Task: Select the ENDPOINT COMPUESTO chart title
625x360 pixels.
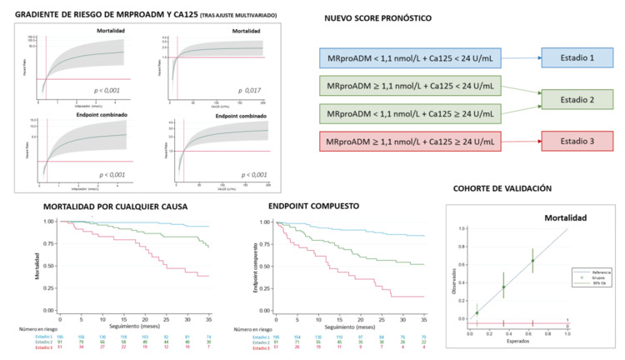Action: pyautogui.click(x=312, y=204)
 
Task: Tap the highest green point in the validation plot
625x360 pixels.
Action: pyautogui.click(x=532, y=260)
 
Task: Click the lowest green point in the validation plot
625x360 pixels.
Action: pyautogui.click(x=477, y=313)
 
